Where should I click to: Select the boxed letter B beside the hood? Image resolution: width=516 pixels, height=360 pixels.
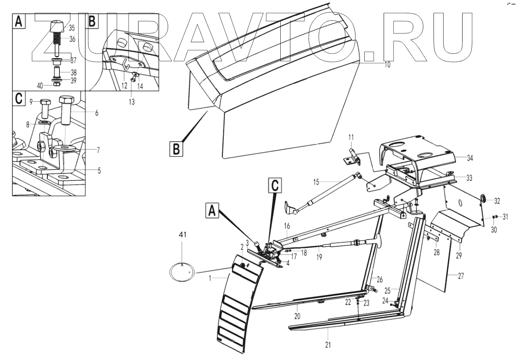click(x=176, y=149)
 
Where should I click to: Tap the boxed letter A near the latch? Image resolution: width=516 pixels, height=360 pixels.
click(x=212, y=211)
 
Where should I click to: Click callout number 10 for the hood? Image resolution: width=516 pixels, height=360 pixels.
click(x=387, y=65)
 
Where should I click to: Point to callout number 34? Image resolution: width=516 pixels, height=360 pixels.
click(x=469, y=158)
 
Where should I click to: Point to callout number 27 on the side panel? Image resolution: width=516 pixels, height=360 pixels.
click(x=460, y=276)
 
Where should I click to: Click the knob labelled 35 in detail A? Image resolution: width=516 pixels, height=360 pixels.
click(x=57, y=28)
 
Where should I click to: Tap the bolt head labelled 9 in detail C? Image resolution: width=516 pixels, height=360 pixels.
click(x=44, y=103)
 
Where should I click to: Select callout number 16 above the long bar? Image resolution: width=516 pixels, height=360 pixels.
click(x=287, y=226)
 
